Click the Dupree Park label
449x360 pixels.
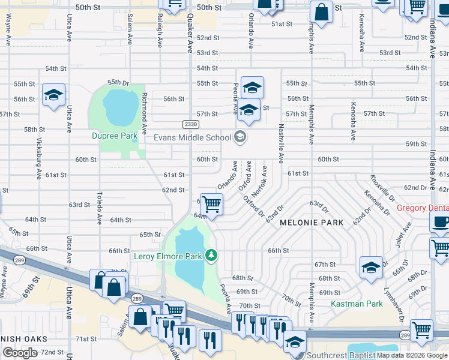pos(115,136)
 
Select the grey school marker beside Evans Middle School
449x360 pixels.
pos(240,137)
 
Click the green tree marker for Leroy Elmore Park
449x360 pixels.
pos(211,256)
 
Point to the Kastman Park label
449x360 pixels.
pos(357,304)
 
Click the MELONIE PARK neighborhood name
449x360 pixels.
pos(312,223)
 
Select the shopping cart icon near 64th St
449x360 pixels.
pos(211,204)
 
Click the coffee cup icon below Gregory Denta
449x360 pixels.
pos(440,221)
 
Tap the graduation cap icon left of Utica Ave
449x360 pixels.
pos(53,95)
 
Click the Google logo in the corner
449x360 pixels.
pos(20,353)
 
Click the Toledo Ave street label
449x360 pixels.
pos(100,208)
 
